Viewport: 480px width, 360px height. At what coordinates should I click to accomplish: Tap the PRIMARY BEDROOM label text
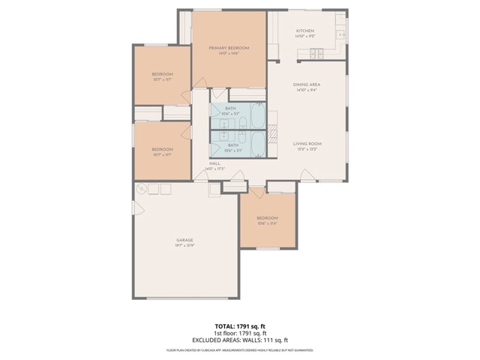click(x=229, y=47)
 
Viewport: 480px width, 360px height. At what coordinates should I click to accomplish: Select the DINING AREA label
click(x=307, y=85)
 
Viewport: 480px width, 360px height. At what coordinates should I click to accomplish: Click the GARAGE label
click(x=185, y=240)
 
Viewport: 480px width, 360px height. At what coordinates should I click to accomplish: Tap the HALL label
click(x=214, y=163)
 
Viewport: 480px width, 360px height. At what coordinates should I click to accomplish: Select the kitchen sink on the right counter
click(x=341, y=34)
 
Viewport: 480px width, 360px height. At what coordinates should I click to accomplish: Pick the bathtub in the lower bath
click(x=256, y=142)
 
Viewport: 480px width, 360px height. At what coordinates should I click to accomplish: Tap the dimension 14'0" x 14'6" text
click(x=229, y=53)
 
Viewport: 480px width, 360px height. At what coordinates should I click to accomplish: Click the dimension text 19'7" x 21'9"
click(x=185, y=245)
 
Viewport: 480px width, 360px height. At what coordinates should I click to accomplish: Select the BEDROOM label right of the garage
click(x=268, y=218)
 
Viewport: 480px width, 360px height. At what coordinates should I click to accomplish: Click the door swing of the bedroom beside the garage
click(x=257, y=193)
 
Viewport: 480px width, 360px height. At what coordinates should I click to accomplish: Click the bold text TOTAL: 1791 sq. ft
click(x=239, y=326)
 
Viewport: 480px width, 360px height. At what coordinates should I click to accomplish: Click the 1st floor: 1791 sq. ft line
click(x=239, y=333)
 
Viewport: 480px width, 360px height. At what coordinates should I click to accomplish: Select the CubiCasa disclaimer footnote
click(x=239, y=349)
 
